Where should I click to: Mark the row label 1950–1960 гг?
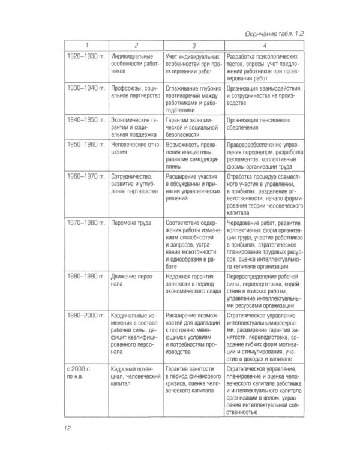click(85, 145)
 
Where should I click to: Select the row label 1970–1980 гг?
click(85, 222)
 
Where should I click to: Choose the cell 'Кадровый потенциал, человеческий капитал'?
click(134, 374)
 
